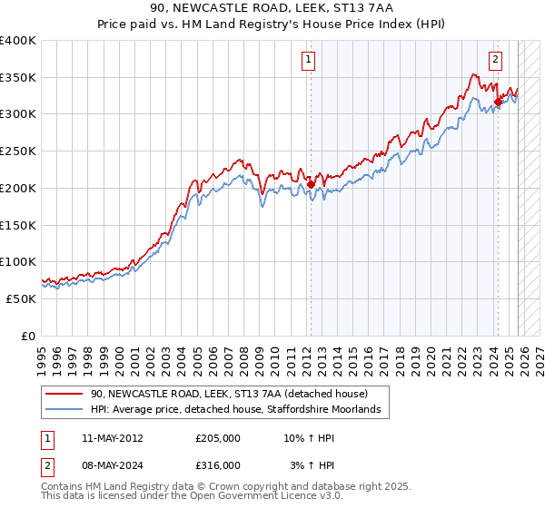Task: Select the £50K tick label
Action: (22, 298)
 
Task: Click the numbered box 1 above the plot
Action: (309, 61)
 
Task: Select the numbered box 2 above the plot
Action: (496, 61)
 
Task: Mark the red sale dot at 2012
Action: (311, 184)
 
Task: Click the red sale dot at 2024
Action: (497, 103)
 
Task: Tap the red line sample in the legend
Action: (64, 395)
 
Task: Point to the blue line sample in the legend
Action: (64, 410)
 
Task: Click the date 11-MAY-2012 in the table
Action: (113, 438)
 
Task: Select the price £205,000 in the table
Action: (218, 438)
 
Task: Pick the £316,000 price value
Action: (218, 464)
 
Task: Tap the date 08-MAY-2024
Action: (113, 464)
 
